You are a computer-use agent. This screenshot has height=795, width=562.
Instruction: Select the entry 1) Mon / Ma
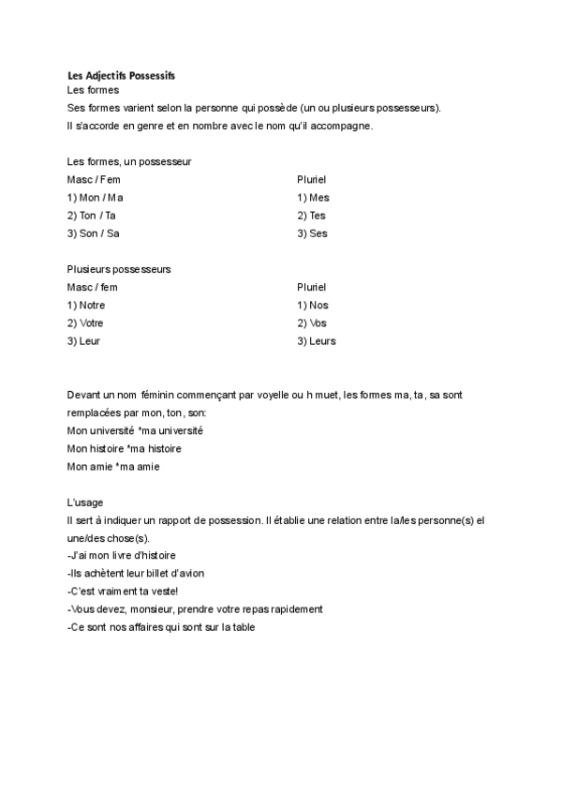click(96, 198)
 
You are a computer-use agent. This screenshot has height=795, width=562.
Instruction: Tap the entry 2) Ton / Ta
click(92, 216)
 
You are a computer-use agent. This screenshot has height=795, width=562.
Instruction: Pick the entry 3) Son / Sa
click(94, 233)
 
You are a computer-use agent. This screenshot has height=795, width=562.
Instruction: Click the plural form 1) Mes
click(313, 198)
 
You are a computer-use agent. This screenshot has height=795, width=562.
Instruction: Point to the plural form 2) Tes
click(311, 216)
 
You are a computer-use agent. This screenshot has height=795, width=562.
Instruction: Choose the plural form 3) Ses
click(312, 233)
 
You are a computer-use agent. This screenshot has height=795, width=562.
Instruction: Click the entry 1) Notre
click(86, 305)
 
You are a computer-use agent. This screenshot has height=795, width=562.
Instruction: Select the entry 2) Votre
click(85, 322)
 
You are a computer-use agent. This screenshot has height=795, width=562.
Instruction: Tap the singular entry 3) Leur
click(83, 341)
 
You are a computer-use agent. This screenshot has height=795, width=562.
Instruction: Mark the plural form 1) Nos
click(313, 305)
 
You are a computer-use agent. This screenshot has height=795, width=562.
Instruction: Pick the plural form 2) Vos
click(312, 322)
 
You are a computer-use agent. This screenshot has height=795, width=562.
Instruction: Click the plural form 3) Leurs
click(316, 341)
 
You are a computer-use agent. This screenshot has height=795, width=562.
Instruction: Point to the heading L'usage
click(85, 502)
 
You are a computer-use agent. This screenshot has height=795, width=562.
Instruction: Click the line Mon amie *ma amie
click(113, 466)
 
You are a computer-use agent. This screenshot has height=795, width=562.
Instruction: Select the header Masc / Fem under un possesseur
click(94, 179)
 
